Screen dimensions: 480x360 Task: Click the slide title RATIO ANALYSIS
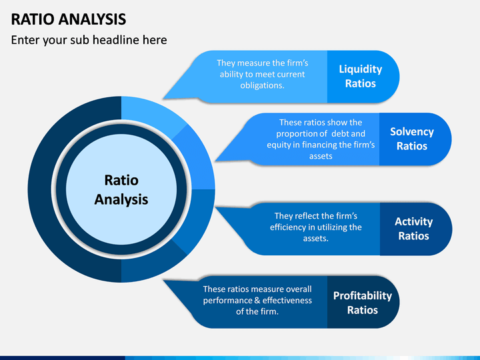pos(68,19)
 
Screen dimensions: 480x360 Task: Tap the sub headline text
pos(89,40)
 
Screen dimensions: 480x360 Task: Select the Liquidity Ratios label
pos(361,76)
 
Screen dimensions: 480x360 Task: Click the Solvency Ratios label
pos(412,139)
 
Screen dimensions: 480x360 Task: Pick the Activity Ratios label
pos(413,229)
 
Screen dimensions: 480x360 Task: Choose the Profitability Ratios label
pos(363,303)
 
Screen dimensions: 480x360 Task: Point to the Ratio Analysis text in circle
pos(121,190)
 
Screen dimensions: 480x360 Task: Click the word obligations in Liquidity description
pos(263,85)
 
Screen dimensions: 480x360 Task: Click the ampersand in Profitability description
pos(257,300)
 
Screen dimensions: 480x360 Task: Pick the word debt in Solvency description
pos(340,134)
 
